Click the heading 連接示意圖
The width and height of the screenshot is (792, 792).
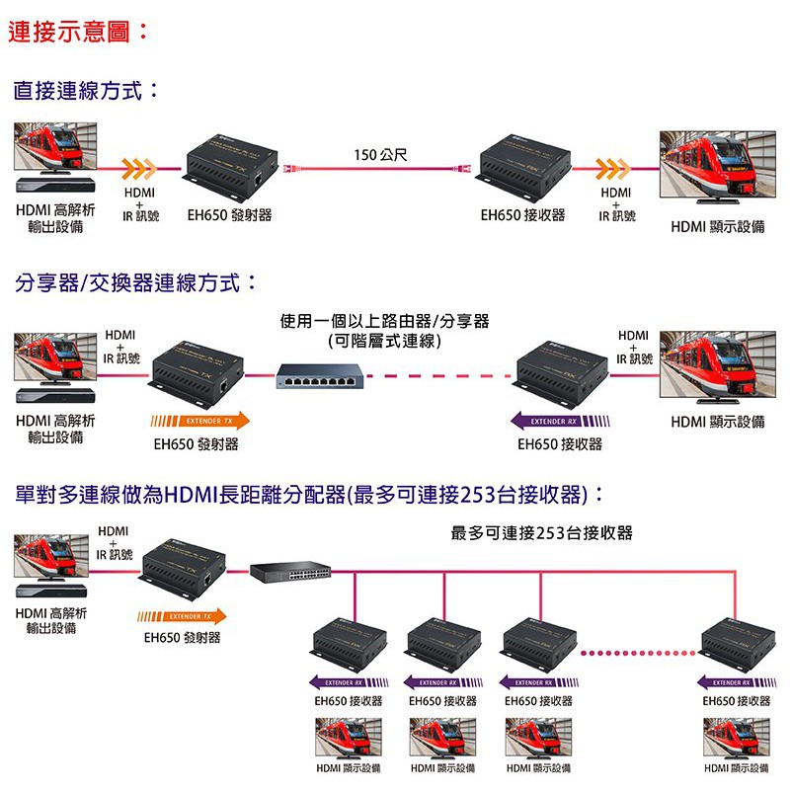(x=79, y=32)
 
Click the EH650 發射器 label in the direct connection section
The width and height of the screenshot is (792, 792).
(x=229, y=215)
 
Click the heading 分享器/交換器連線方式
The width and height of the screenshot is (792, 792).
(x=136, y=283)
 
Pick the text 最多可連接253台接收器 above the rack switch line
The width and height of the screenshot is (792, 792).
(x=541, y=533)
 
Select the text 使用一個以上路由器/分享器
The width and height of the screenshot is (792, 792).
(x=384, y=321)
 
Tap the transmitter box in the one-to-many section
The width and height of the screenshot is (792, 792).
(x=183, y=578)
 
